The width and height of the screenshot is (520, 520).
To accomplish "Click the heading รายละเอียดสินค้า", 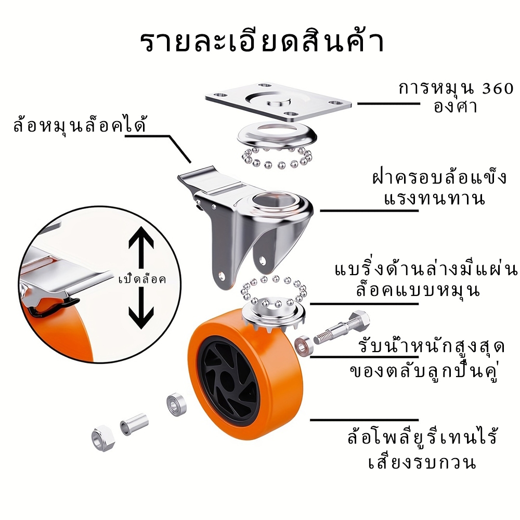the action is point(262,42).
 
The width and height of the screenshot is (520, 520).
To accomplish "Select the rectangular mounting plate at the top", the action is point(278,101).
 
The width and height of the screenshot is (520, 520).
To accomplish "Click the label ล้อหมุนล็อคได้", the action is point(80,125).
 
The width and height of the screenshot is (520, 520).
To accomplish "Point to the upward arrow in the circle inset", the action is point(141,247).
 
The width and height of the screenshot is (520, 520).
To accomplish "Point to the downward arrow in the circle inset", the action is point(141,308).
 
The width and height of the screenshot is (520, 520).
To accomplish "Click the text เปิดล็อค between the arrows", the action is point(142,279).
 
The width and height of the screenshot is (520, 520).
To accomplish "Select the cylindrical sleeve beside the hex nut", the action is point(134,423).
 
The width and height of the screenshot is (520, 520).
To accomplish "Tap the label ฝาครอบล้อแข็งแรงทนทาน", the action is point(439,188).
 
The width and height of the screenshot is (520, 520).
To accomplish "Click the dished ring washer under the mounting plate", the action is point(277,134).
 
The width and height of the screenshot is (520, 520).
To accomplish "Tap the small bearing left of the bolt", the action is point(302,346).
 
